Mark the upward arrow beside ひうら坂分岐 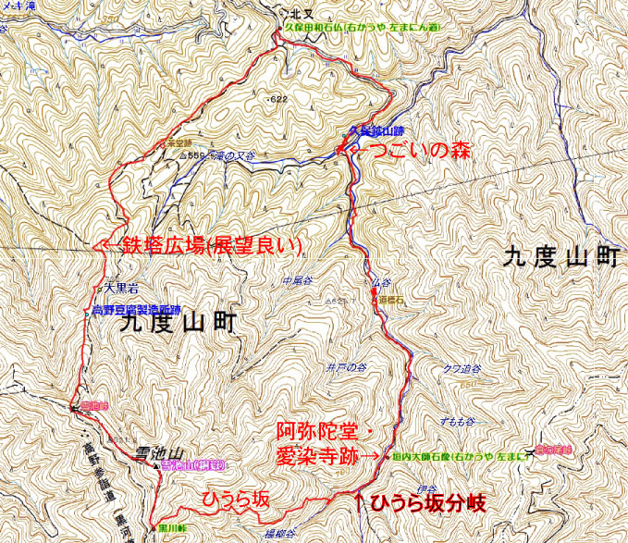point(360,502)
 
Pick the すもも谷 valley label point(456,421)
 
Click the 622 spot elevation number point(275,97)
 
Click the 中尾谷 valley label point(302,278)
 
